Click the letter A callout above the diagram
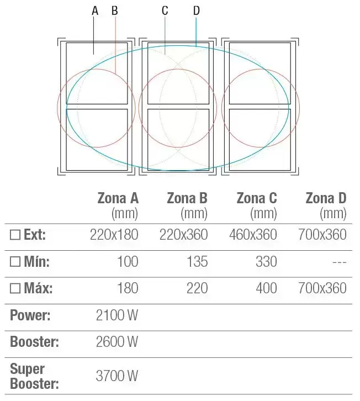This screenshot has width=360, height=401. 95,10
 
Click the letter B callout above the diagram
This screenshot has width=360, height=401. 115,10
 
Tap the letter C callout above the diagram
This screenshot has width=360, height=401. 165,10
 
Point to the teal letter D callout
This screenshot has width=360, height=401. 197,10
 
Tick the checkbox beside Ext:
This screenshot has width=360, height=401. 15,235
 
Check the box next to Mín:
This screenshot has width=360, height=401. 15,261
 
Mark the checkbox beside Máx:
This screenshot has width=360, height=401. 15,288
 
